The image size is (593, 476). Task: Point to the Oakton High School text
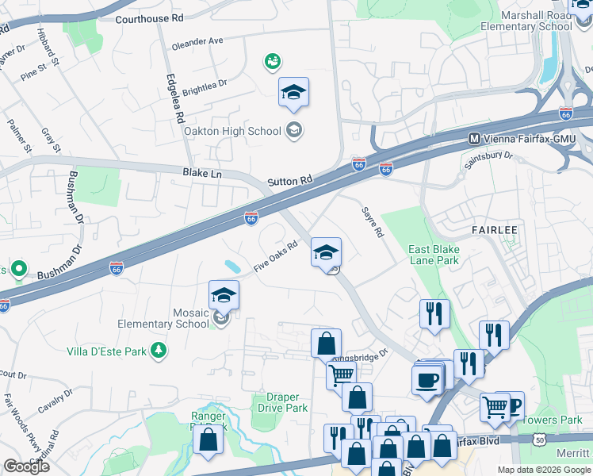tap(232, 131)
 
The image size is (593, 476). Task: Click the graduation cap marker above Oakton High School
tap(293, 94)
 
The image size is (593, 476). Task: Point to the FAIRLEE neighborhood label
tap(495, 230)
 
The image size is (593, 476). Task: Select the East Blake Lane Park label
tap(434, 255)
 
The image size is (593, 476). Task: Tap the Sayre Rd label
tap(373, 222)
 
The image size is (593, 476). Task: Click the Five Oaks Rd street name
tap(275, 258)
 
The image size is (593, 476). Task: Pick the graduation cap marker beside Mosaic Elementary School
tap(224, 297)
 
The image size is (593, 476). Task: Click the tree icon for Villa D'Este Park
tap(159, 349)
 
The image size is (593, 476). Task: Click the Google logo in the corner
tap(26, 466)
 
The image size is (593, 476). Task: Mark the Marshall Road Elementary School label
tap(536, 21)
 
